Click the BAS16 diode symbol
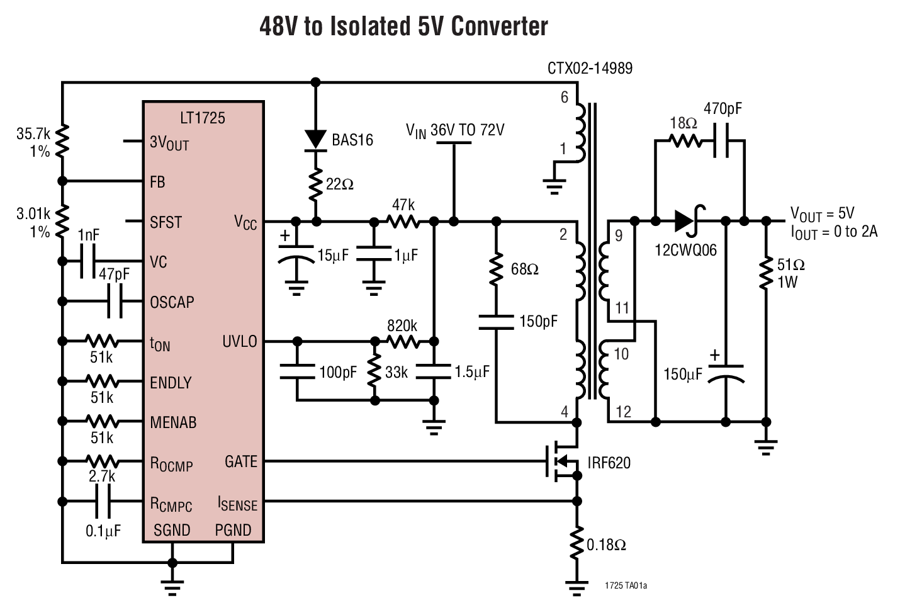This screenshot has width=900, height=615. (316, 139)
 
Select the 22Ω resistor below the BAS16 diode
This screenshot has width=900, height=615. (316, 184)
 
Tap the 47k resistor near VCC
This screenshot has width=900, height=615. (403, 221)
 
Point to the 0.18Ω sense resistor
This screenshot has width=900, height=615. (576, 544)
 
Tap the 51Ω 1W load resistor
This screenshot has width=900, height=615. (766, 273)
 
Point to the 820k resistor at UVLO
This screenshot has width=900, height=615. (403, 341)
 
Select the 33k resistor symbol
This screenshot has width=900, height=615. (374, 372)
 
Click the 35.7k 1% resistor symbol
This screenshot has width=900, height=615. (62, 142)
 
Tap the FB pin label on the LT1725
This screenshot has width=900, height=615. (157, 182)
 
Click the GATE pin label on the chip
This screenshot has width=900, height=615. (241, 461)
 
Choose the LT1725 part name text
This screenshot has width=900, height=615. (202, 118)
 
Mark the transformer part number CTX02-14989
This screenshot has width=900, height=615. (590, 68)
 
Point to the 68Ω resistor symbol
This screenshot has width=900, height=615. (496, 269)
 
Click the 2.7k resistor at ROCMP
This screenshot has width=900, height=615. (102, 461)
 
